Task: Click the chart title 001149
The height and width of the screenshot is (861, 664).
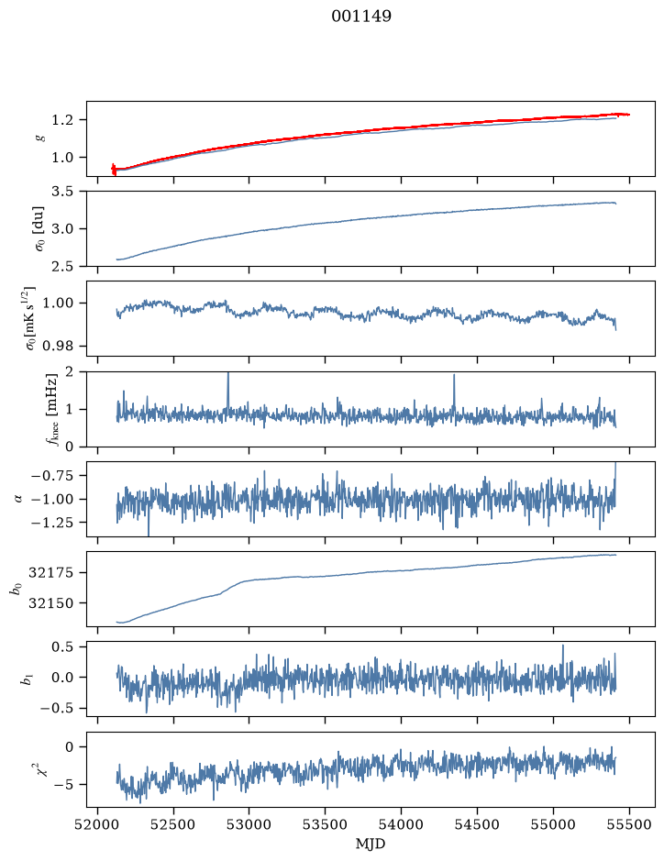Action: [361, 17]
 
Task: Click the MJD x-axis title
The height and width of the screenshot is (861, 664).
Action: [371, 844]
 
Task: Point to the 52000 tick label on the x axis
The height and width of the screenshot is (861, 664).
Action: [98, 824]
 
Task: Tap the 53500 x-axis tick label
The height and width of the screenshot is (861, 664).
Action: [326, 824]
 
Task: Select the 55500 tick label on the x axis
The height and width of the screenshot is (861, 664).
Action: [629, 824]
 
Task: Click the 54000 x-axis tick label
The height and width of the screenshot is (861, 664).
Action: [402, 824]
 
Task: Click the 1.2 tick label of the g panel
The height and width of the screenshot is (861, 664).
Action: [62, 120]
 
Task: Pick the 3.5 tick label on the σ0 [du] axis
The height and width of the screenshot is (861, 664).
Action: [62, 192]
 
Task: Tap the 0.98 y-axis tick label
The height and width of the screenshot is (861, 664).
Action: [58, 346]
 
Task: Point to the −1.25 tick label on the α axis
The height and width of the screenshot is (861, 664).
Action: [52, 523]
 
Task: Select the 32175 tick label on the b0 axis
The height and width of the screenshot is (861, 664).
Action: [50, 573]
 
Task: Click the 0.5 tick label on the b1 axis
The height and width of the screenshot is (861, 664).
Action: [62, 646]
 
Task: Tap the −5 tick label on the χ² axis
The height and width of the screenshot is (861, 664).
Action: [63, 785]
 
